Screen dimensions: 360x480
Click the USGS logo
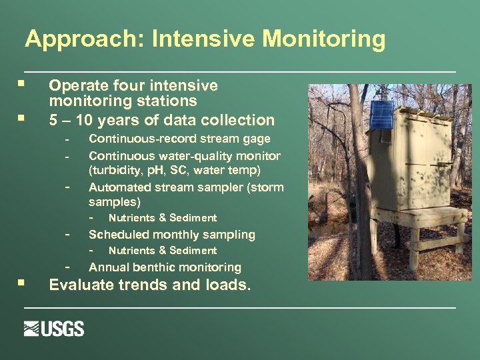tap(54, 329)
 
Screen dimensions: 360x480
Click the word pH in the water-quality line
tap(163, 170)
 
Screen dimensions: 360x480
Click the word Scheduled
tap(119, 235)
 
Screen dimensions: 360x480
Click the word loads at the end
tap(225, 285)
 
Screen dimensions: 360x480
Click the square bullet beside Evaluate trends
tap(23, 283)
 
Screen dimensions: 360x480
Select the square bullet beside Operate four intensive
tap(23, 85)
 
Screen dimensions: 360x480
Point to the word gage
tap(257, 139)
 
